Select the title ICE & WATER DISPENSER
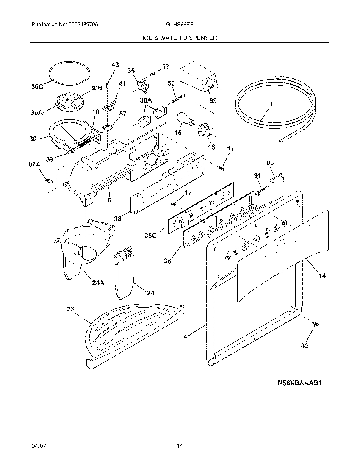click(180, 38)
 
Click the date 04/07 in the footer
click(38, 446)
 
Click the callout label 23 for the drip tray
click(70, 309)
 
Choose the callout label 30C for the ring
click(37, 87)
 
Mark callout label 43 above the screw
click(115, 65)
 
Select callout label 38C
click(150, 233)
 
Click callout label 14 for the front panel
click(322, 275)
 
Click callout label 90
click(270, 163)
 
